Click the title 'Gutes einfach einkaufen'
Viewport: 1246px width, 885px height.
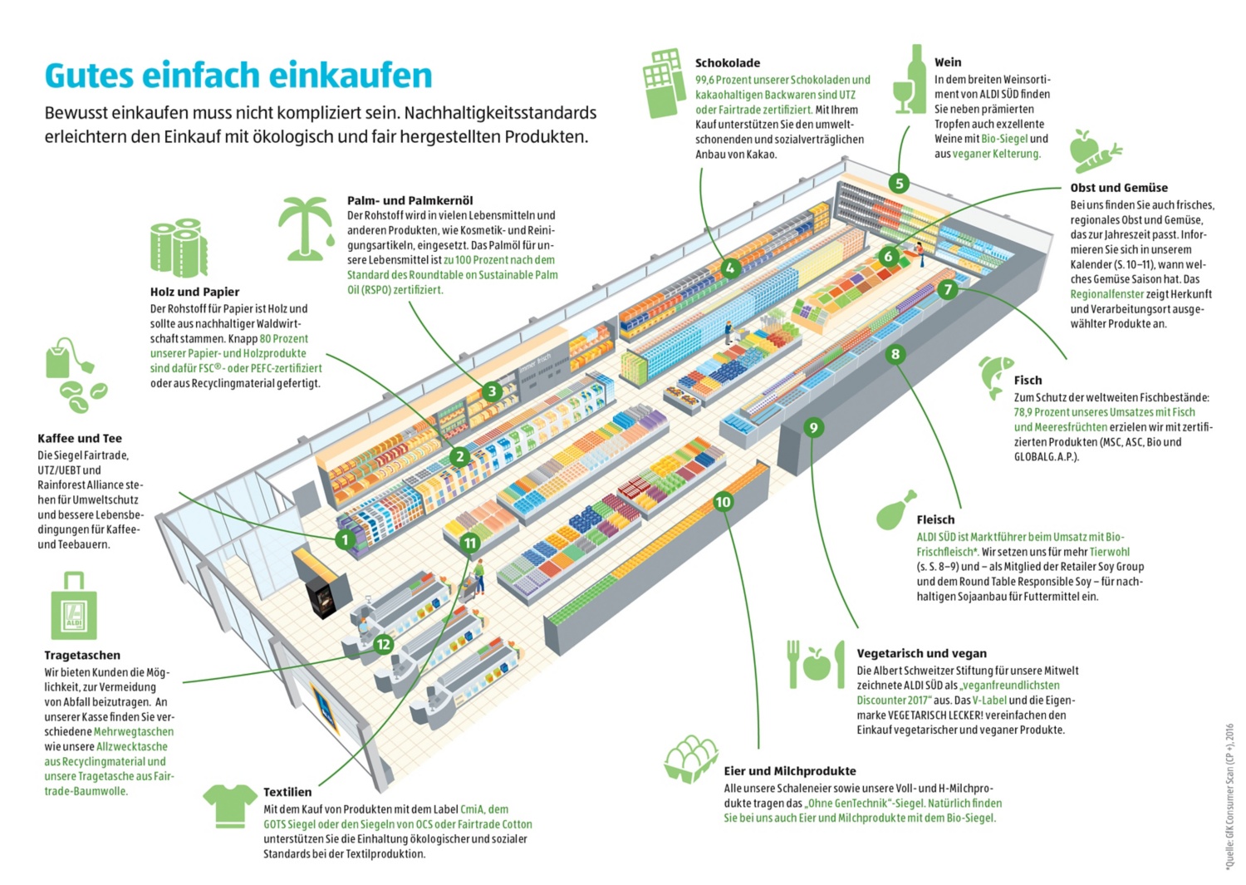coord(238,75)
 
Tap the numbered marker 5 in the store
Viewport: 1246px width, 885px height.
coord(898,184)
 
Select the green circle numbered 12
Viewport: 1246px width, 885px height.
coord(383,644)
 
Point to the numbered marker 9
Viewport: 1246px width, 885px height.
coord(813,428)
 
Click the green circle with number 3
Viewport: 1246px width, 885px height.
coord(492,391)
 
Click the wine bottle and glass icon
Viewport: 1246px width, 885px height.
coord(910,80)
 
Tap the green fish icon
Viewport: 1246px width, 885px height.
coord(995,376)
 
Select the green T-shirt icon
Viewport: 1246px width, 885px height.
coord(230,805)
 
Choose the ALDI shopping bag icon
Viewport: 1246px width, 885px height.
coord(74,606)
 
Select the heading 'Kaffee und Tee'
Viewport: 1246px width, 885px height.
coord(80,438)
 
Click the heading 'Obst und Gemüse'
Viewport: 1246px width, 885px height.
coord(1118,188)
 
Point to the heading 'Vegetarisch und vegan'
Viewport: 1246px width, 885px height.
coord(921,653)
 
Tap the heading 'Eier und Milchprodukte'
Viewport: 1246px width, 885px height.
coord(789,770)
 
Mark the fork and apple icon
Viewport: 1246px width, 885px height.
coord(809,664)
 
